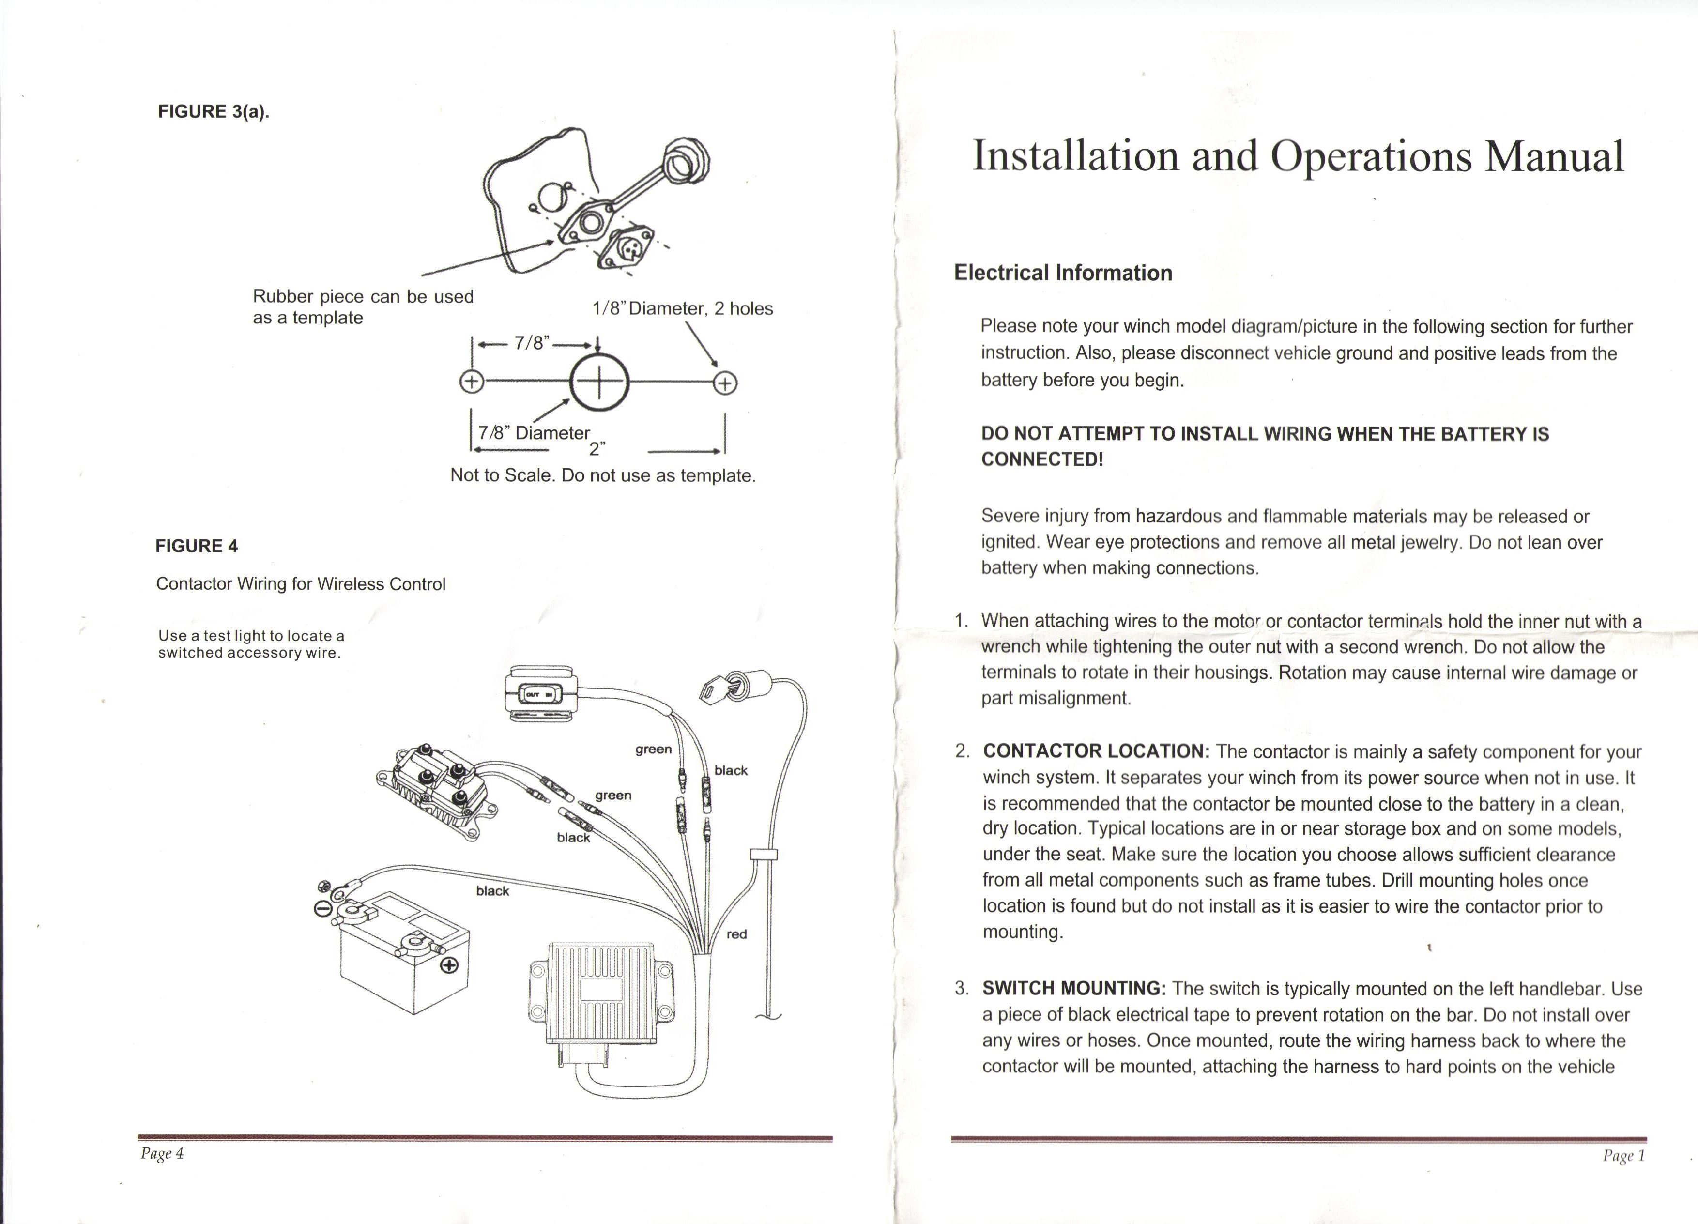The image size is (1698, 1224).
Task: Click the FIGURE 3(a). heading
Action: [x=214, y=111]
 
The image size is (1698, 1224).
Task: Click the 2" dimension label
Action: [x=597, y=448]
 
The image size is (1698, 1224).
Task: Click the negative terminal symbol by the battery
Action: [x=322, y=909]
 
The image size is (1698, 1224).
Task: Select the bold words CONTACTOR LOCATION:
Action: [x=1096, y=751]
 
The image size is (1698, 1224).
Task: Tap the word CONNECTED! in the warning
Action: [x=1042, y=459]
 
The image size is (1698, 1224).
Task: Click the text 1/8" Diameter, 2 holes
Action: [x=682, y=308]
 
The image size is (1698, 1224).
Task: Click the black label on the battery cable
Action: [x=492, y=891]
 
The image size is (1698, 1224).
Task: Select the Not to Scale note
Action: [x=603, y=475]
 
